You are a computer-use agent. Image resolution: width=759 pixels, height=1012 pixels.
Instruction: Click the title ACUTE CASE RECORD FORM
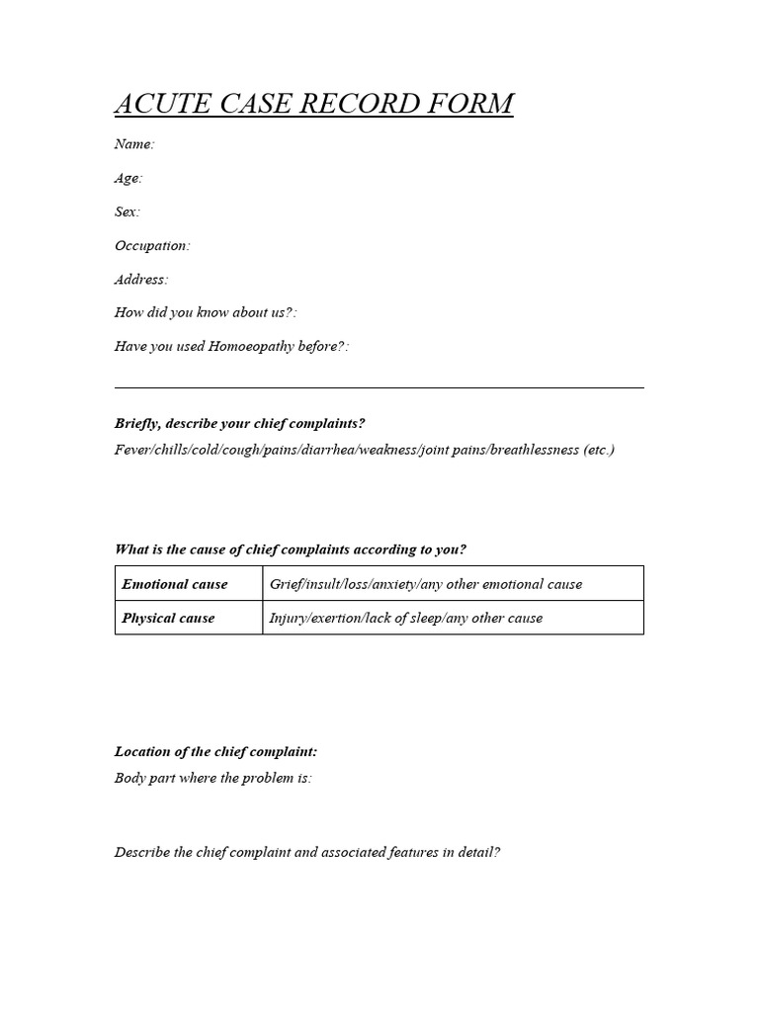[x=313, y=104]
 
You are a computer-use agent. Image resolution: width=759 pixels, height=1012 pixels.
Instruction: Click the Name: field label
[x=134, y=144]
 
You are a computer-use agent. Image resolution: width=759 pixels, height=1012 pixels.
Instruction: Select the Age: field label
[x=128, y=178]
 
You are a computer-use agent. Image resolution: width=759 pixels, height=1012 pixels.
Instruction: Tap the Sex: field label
[x=127, y=211]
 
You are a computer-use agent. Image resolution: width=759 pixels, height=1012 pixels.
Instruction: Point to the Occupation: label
[x=152, y=245]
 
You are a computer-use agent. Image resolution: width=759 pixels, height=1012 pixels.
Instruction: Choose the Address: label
[x=141, y=280]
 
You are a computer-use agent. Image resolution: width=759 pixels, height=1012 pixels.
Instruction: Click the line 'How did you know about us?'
[x=206, y=312]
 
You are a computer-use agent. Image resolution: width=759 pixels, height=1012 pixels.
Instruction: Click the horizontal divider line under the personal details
[x=379, y=387]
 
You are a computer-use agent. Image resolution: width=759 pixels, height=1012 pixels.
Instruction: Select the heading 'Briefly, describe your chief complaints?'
[x=240, y=423]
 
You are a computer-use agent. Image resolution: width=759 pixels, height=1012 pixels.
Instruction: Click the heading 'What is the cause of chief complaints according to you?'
[x=291, y=549]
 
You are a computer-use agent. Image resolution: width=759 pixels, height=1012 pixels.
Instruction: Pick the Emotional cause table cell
[x=175, y=584]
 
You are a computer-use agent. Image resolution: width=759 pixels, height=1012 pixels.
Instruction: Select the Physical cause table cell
[x=168, y=618]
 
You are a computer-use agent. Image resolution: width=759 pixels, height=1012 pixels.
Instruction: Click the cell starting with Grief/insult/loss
[x=426, y=584]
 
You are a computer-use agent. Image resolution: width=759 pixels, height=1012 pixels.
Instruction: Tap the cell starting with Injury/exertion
[x=406, y=618]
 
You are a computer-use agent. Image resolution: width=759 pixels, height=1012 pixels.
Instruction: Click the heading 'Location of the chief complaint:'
[x=215, y=751]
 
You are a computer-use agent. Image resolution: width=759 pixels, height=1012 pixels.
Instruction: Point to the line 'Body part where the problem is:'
[x=213, y=778]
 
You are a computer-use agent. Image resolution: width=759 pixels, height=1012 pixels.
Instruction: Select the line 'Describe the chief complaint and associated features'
[x=307, y=852]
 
